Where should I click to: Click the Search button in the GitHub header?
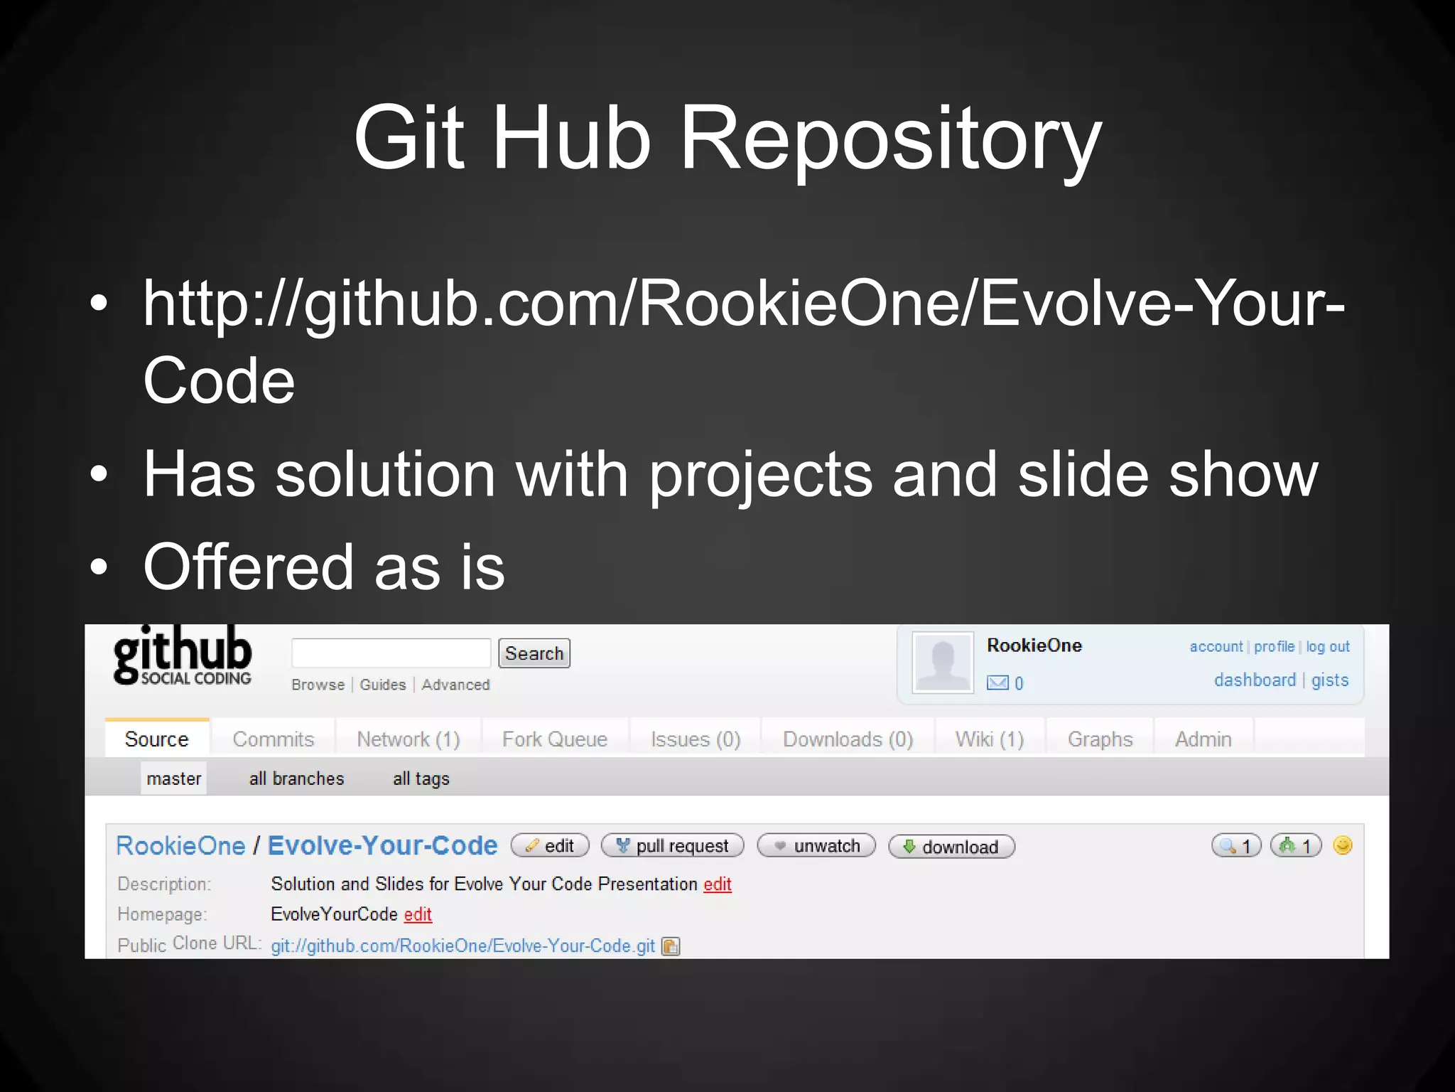point(534,653)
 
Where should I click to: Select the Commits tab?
point(274,739)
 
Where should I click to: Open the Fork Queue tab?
point(555,739)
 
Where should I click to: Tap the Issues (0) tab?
point(696,739)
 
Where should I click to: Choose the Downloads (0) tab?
point(848,739)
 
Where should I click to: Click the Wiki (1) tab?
point(989,739)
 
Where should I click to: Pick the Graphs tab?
point(1100,739)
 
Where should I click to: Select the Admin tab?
point(1203,739)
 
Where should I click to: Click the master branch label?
point(174,778)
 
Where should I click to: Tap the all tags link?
point(421,778)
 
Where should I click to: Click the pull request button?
point(673,846)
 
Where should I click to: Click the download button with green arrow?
point(951,847)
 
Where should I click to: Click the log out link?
point(1328,647)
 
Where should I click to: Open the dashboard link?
point(1255,680)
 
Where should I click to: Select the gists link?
point(1330,680)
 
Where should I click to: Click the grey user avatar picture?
point(943,663)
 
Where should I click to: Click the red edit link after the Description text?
point(718,884)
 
